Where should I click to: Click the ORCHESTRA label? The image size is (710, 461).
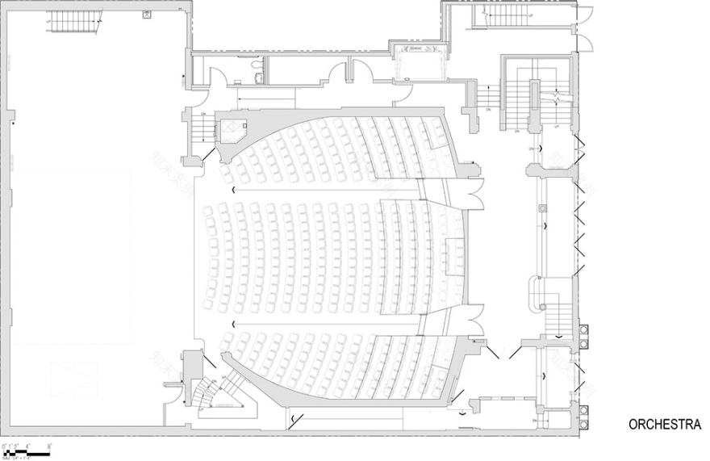(665, 425)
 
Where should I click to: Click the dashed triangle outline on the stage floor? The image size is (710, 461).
(69, 376)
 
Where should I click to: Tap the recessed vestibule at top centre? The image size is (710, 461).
(419, 60)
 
